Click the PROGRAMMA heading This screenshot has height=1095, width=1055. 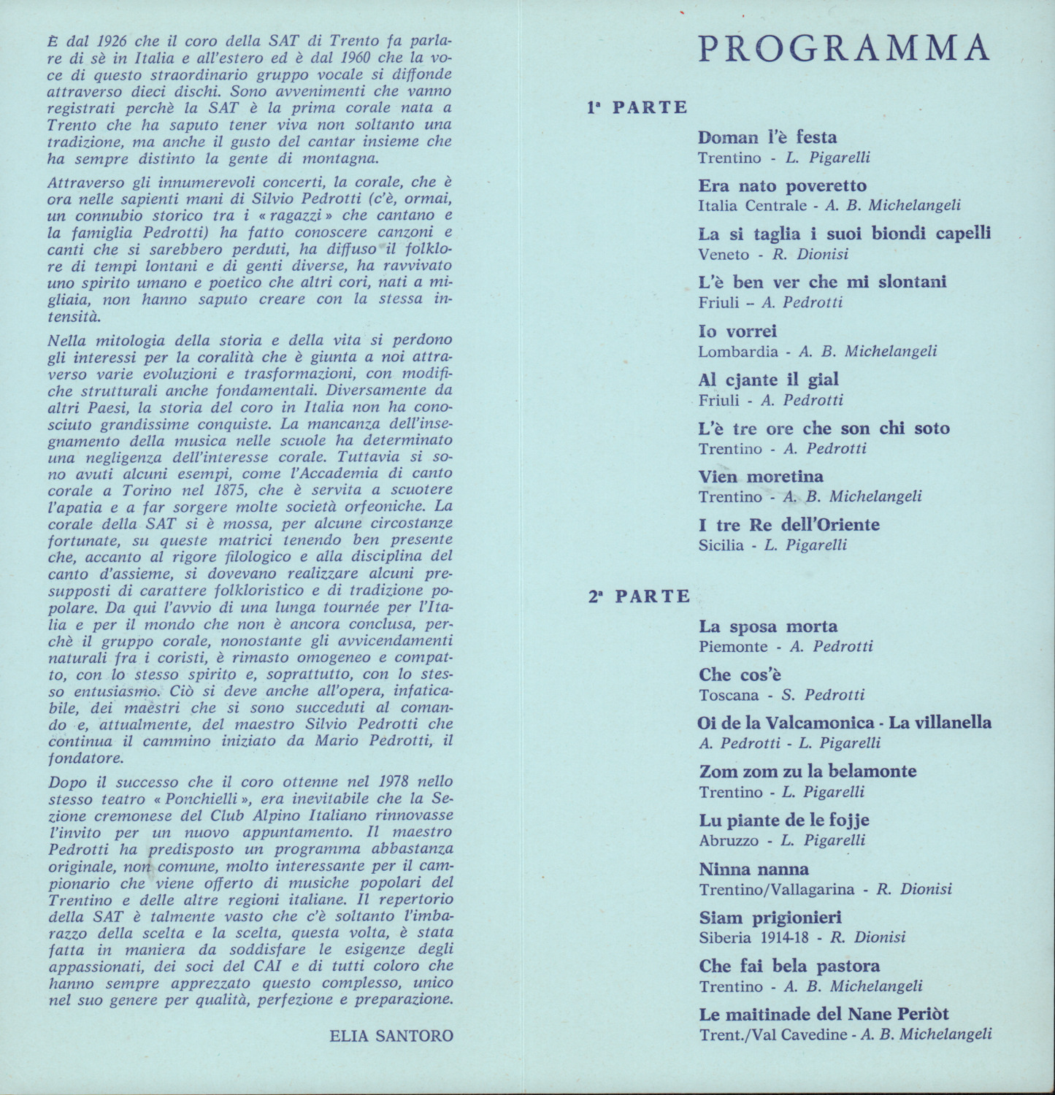coord(844,48)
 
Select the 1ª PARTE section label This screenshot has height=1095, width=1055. coord(637,107)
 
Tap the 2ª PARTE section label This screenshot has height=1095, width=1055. coord(640,596)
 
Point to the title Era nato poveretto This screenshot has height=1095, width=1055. coord(782,185)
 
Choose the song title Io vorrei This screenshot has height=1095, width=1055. coord(737,331)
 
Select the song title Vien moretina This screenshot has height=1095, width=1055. coord(761,477)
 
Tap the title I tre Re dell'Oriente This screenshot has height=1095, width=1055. coord(789,525)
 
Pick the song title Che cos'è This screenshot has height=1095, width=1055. coord(740,675)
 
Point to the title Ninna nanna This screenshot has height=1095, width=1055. coord(753,869)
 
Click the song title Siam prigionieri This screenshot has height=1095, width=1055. coord(770,918)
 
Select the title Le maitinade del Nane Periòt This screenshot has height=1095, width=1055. coord(824,1015)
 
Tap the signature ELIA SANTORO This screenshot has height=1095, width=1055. coord(391,1035)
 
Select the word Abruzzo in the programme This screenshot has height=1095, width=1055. coord(729,840)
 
